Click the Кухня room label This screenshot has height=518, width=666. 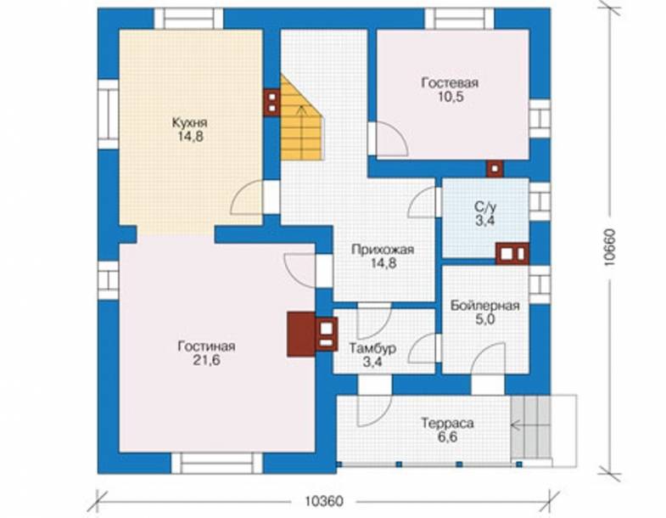[x=189, y=123]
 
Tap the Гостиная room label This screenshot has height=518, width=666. [x=206, y=346]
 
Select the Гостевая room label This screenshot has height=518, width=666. [x=450, y=82]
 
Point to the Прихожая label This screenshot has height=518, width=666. [x=383, y=249]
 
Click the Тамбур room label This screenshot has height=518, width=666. [x=372, y=348]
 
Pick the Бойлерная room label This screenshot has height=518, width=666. [x=485, y=306]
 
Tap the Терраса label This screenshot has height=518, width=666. [x=447, y=423]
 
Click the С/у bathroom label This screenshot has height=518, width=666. [x=485, y=207]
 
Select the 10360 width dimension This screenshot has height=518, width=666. [x=324, y=501]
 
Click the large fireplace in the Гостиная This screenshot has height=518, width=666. [x=301, y=335]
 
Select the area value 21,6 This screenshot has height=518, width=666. [x=206, y=360]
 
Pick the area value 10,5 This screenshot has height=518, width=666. [x=451, y=97]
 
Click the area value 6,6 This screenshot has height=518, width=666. [x=447, y=436]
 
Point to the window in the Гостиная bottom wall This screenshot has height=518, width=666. [x=217, y=463]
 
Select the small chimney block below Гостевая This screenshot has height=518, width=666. [x=495, y=168]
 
